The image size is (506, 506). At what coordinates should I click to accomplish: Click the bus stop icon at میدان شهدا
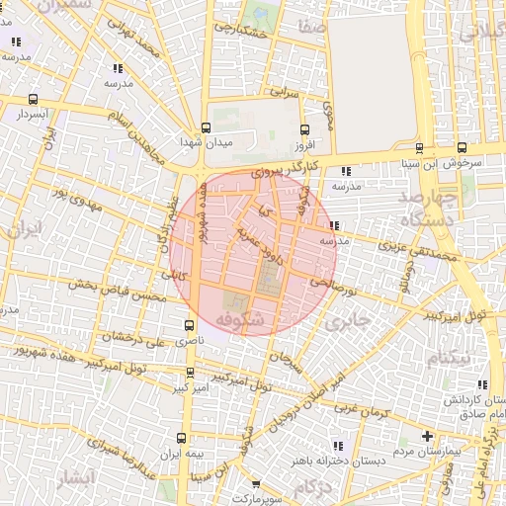click(x=206, y=127)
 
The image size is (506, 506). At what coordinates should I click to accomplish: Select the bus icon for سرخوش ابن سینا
click(x=420, y=148)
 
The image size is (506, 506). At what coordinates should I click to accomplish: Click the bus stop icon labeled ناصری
click(x=190, y=324)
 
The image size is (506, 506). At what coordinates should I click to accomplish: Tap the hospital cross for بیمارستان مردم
click(x=427, y=436)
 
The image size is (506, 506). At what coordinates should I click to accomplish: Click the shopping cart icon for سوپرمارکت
click(x=256, y=485)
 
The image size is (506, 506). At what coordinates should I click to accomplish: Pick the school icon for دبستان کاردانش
click(x=481, y=385)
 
